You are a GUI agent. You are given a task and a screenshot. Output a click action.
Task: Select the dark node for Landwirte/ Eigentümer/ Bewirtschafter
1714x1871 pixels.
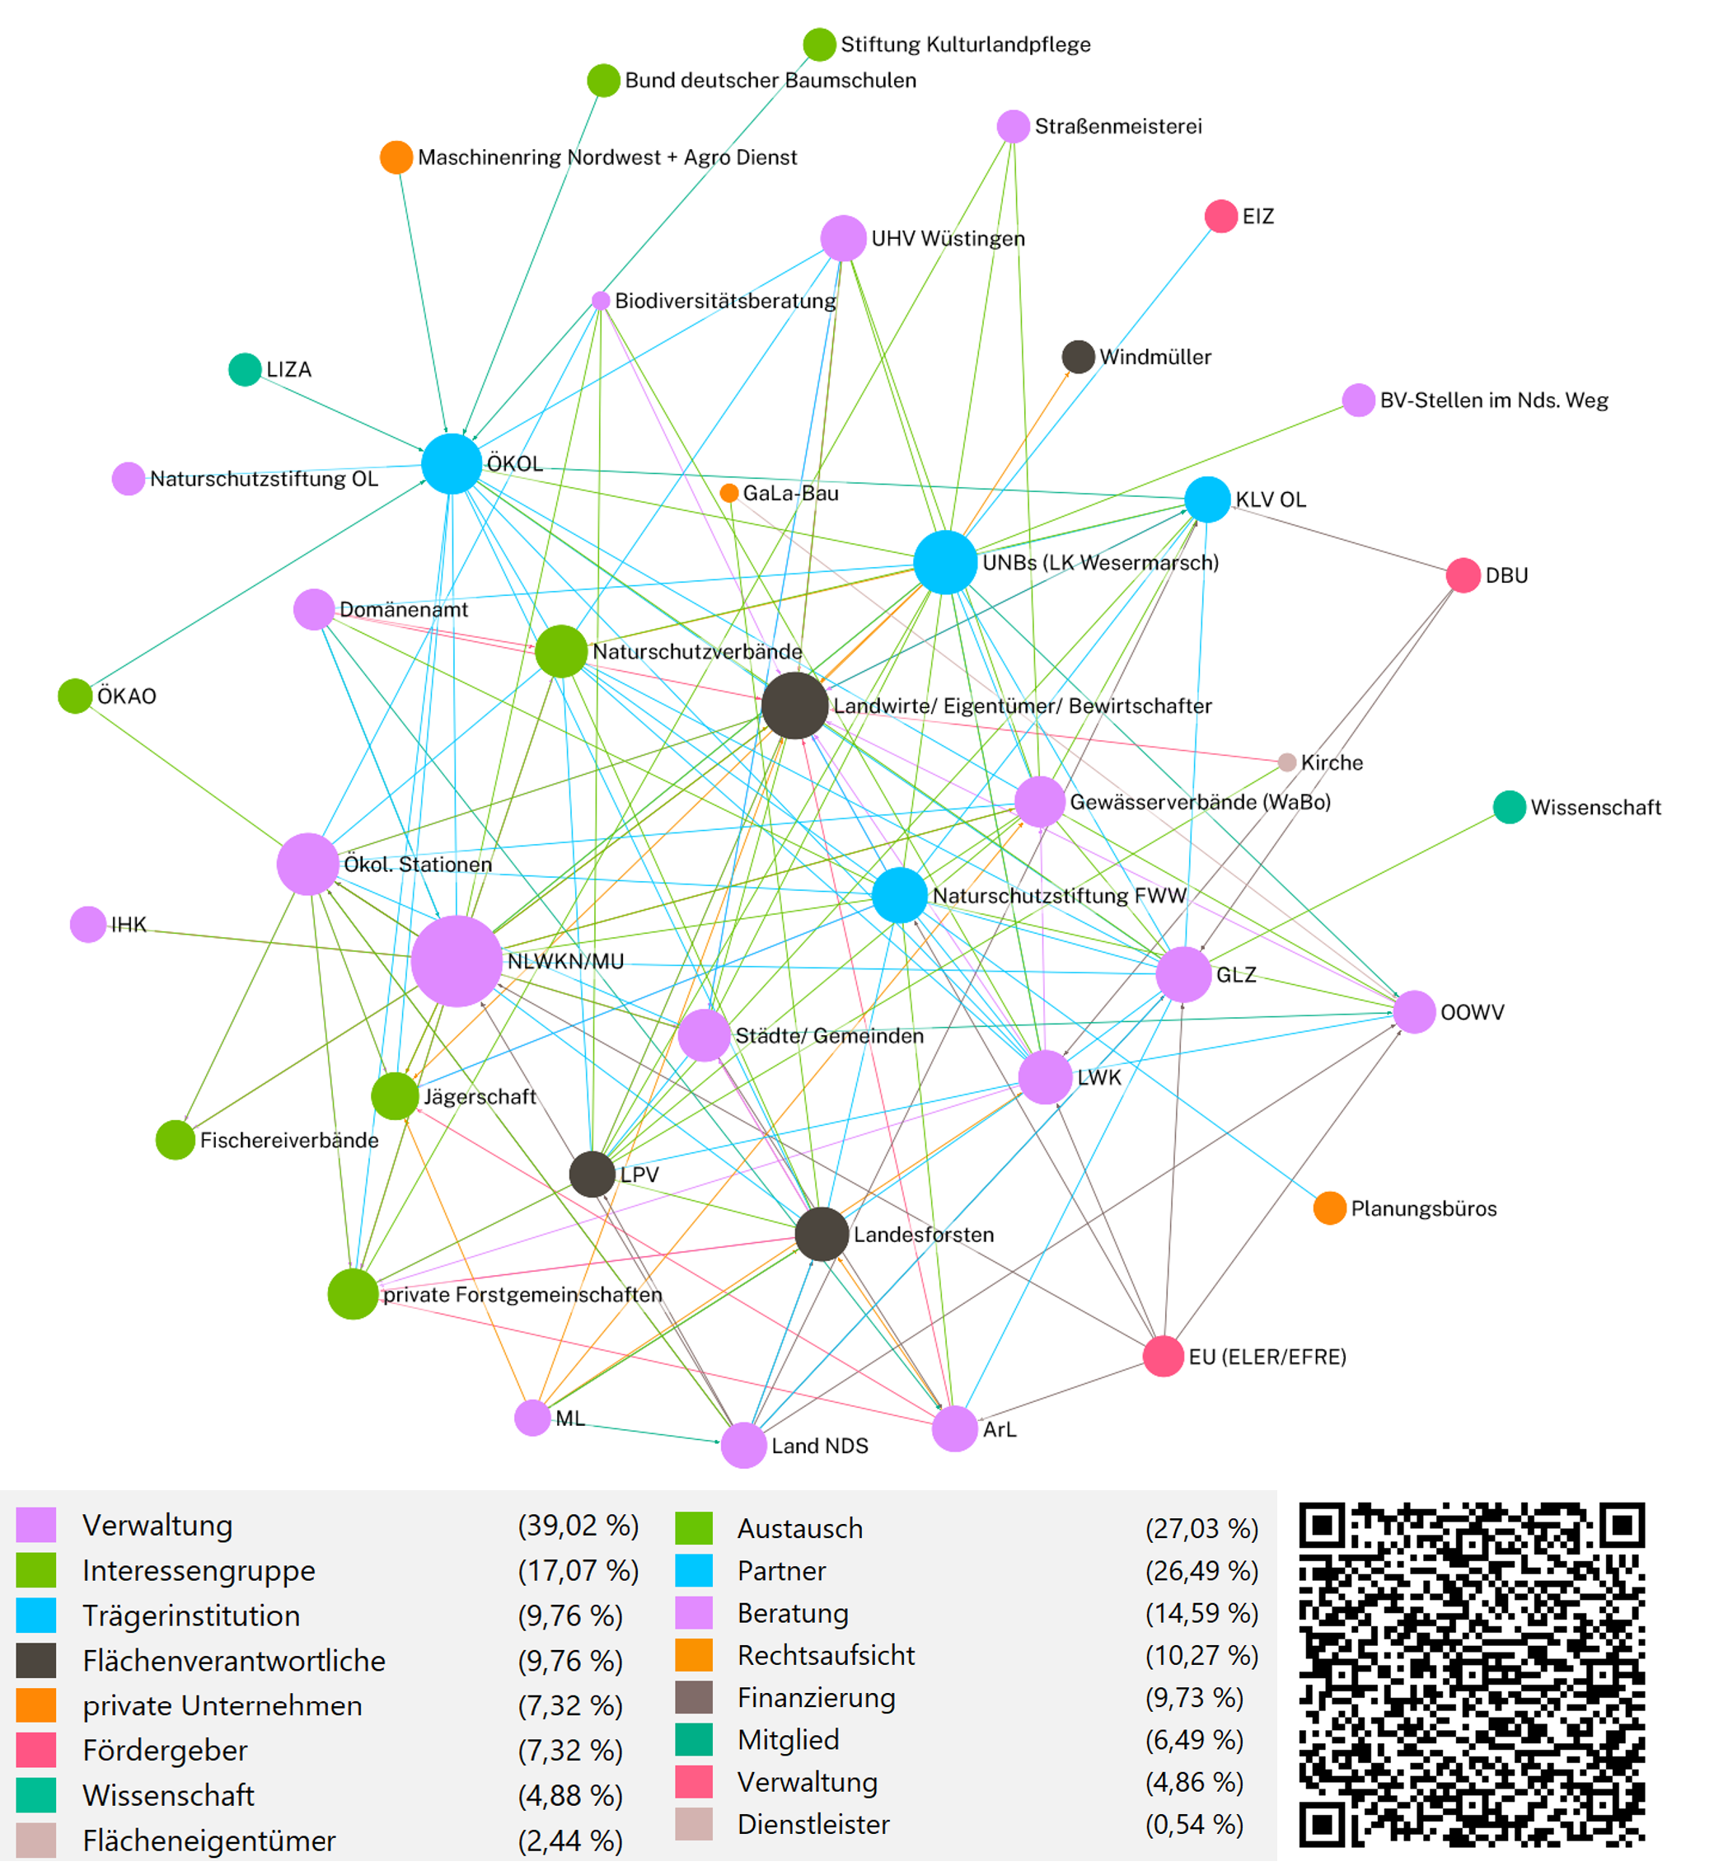coord(794,706)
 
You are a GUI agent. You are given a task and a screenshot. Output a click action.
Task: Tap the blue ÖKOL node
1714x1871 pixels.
coord(451,463)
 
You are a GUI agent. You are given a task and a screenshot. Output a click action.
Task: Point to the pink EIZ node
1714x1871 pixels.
coord(1220,216)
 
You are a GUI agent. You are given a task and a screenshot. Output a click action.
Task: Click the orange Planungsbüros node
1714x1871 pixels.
coord(1329,1207)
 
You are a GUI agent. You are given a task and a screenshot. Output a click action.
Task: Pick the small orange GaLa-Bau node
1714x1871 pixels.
coord(729,493)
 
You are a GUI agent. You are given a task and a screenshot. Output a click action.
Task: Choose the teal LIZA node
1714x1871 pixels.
coord(245,369)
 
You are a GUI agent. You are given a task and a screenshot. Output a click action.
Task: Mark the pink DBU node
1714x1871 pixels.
coord(1463,575)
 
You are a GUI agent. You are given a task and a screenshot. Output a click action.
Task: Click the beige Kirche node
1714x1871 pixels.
coord(1286,762)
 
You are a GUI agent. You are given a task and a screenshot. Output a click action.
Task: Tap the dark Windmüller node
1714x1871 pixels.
coord(1077,356)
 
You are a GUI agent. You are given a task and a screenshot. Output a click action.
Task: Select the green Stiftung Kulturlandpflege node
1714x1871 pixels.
coord(818,44)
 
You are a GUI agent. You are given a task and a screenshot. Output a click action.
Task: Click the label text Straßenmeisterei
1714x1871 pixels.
coord(1117,126)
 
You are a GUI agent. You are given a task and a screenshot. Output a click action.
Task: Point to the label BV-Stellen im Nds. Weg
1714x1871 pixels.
coord(1493,400)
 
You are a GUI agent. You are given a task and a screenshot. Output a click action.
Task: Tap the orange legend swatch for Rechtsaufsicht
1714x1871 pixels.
coord(694,1655)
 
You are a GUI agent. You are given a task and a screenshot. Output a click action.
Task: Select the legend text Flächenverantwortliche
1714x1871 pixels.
coord(234,1660)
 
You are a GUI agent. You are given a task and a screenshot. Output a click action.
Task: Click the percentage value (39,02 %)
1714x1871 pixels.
coord(577,1525)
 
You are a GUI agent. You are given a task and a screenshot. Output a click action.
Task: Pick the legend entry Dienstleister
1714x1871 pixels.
coord(813,1824)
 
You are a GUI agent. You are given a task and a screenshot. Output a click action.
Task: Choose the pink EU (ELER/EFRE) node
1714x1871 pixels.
coord(1163,1356)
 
